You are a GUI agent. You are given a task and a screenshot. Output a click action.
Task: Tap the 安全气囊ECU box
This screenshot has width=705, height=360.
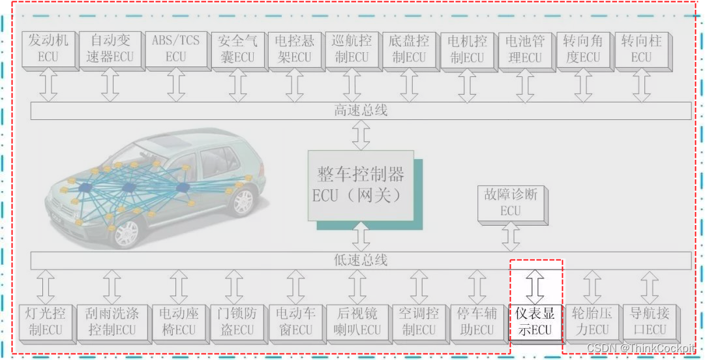tap(237, 48)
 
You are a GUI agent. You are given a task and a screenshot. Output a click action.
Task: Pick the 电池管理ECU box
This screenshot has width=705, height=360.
tap(524, 48)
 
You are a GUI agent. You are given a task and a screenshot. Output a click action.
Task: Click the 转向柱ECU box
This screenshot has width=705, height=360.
tap(640, 48)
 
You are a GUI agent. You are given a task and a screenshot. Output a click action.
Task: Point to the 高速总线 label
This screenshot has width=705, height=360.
tap(361, 111)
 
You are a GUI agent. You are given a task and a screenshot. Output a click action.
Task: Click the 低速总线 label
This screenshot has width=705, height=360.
tap(361, 260)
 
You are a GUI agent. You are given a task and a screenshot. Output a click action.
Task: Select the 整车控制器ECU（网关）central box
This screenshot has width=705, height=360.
tap(360, 185)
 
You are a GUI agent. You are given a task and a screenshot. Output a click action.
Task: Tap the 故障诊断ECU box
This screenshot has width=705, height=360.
tap(511, 202)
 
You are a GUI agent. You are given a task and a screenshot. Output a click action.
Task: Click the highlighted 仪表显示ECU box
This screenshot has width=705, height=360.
tap(535, 322)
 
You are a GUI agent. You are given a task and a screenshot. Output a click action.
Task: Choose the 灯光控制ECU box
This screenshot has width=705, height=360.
tap(45, 322)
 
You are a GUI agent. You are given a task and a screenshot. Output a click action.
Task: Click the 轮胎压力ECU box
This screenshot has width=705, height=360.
tap(590, 322)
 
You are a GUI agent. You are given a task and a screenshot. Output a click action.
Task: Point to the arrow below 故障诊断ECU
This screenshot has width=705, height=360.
tap(511, 235)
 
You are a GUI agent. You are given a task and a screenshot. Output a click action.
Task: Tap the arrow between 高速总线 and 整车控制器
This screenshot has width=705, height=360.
tap(361, 136)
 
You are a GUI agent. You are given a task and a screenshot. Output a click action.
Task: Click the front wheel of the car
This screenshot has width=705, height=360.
tap(126, 232)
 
